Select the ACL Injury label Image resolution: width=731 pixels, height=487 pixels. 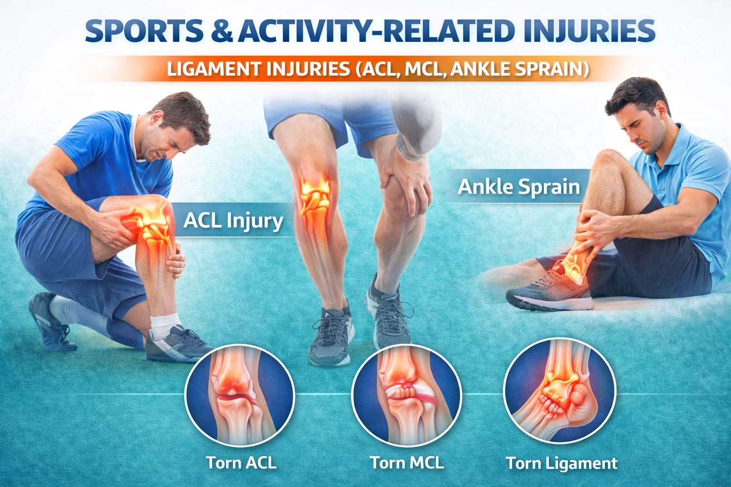pos(233,221)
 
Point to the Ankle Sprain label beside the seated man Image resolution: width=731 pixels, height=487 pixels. pos(518,187)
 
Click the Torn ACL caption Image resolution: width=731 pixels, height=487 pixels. pos(241,462)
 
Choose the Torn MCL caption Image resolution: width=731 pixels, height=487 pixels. pos(406,462)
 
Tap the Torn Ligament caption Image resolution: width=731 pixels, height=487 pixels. pos(561,463)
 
